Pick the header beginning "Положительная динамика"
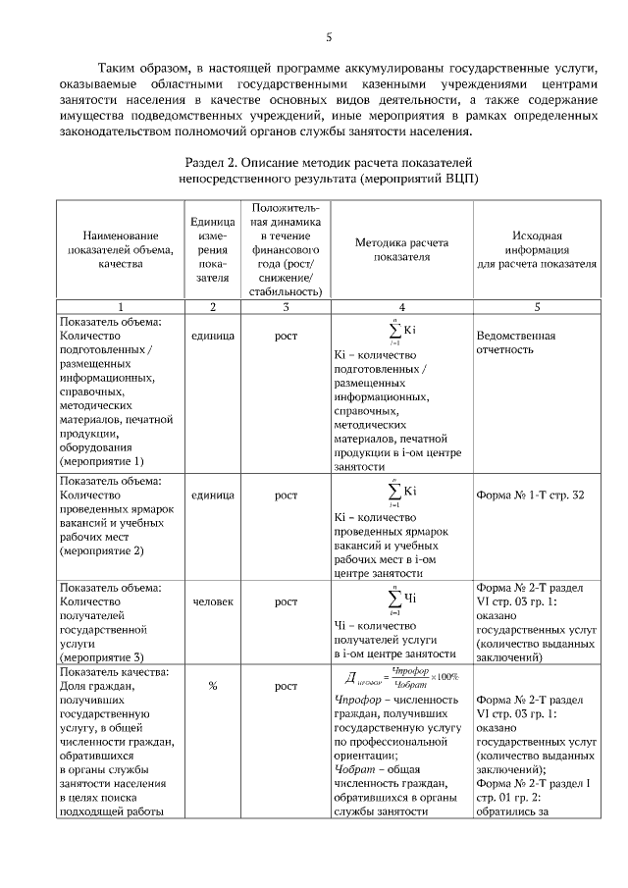click(286, 249)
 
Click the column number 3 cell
click(286, 307)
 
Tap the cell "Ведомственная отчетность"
click(515, 343)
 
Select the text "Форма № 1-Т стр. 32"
click(529, 496)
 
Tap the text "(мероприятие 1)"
click(101, 460)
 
